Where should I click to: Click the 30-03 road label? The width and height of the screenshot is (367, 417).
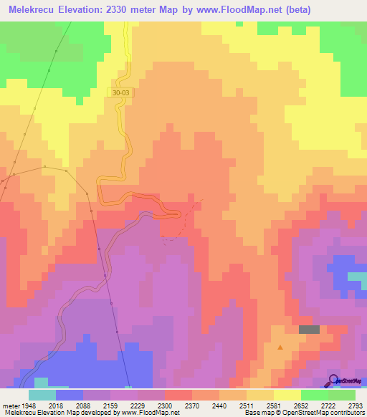point(122,92)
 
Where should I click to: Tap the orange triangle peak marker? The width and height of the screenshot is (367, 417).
point(280,347)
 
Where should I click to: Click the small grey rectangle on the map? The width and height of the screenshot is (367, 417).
point(309,329)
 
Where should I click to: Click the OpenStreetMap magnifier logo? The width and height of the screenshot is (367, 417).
point(334,380)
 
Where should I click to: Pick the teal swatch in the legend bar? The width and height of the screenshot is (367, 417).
point(42,394)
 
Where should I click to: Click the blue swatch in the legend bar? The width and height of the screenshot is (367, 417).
point(70,394)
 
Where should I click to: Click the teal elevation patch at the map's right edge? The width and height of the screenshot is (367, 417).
point(357,276)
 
